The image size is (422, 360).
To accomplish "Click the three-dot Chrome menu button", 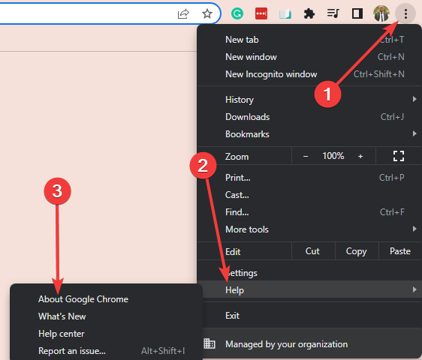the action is tap(405, 13).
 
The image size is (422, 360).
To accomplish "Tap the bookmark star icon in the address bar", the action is tap(207, 13).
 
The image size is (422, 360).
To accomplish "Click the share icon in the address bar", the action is tap(183, 13).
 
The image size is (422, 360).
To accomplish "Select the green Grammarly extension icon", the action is tap(237, 13).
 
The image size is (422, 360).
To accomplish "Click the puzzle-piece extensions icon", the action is tap(309, 13).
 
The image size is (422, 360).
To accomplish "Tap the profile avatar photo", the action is tap(381, 13).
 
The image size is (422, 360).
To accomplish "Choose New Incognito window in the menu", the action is tap(271, 74).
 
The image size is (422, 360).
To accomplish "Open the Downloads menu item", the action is tap(247, 117).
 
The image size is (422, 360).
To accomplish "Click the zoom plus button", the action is tap(360, 156).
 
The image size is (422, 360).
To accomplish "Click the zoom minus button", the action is tap(306, 156).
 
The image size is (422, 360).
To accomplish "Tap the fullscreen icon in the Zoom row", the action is tap(399, 156).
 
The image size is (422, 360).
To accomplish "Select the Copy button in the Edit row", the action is tap(357, 251).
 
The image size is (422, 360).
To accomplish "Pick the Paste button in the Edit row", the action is tap(400, 251).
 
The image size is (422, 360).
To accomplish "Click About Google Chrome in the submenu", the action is tap(83, 299).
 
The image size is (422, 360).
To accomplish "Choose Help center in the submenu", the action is tap(62, 334).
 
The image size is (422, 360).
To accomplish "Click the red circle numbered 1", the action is tap(327, 94).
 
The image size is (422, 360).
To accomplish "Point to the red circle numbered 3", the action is tap(57, 191).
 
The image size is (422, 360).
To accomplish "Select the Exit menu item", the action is tap(232, 316).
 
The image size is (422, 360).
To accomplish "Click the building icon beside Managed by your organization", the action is tap(209, 343).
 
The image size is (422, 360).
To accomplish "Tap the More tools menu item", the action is tap(247, 229).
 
